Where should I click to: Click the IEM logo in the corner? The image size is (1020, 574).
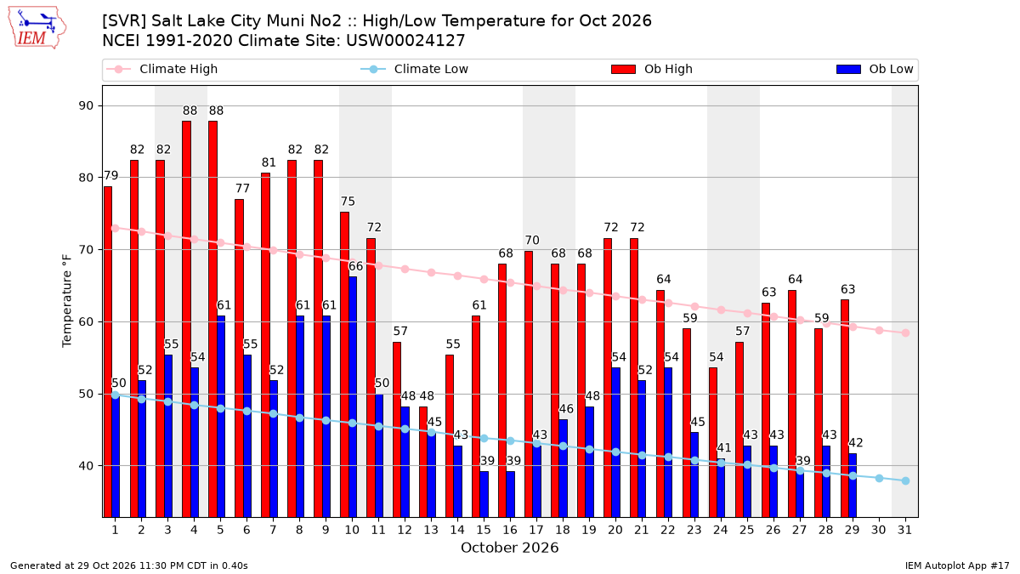pos(37,28)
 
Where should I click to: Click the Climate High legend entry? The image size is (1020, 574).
pos(161,69)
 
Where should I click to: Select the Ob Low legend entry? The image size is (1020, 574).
pos(875,69)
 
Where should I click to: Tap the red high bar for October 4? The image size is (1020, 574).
pos(187,320)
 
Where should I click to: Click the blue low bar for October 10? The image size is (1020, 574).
pos(353,397)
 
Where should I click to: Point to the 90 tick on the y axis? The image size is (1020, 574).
pos(86,105)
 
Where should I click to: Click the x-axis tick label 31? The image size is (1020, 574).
pos(904,531)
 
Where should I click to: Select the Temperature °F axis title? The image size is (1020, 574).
pos(67,301)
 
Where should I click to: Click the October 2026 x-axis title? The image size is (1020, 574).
pos(509,548)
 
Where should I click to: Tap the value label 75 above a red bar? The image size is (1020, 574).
pos(348,202)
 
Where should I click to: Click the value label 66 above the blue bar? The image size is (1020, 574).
pos(355,266)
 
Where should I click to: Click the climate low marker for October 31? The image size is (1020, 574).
pos(906,481)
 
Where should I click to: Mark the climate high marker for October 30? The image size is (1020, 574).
pos(879,330)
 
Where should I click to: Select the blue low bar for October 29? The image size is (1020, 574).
pos(853,486)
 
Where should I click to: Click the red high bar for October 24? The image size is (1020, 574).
pos(713,443)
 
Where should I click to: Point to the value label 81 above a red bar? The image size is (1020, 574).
pos(269,162)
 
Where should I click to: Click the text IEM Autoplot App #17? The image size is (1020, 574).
pos(957,565)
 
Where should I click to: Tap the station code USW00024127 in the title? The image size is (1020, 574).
pos(405,41)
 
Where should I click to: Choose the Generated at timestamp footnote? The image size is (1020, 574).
pos(129,565)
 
